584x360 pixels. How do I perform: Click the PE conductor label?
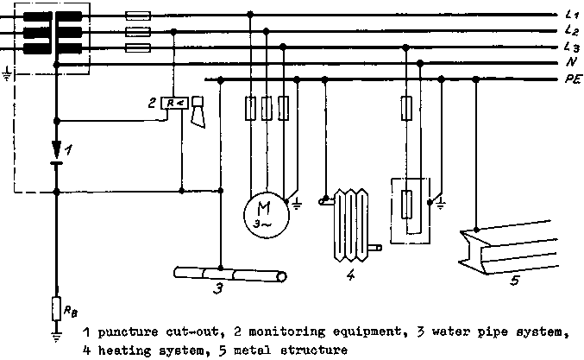pyautogui.click(x=571, y=79)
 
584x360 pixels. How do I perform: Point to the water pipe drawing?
pyautogui.click(x=229, y=275)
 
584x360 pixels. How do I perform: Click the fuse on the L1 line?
pyautogui.click(x=138, y=15)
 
